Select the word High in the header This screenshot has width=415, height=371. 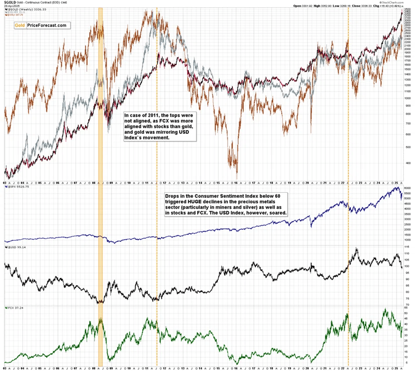point(320,7)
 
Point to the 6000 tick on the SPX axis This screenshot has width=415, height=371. point(406,188)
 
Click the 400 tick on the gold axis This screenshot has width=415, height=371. point(406,163)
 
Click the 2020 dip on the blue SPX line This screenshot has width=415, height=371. point(311,226)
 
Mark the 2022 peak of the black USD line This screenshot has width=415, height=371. point(356,248)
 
